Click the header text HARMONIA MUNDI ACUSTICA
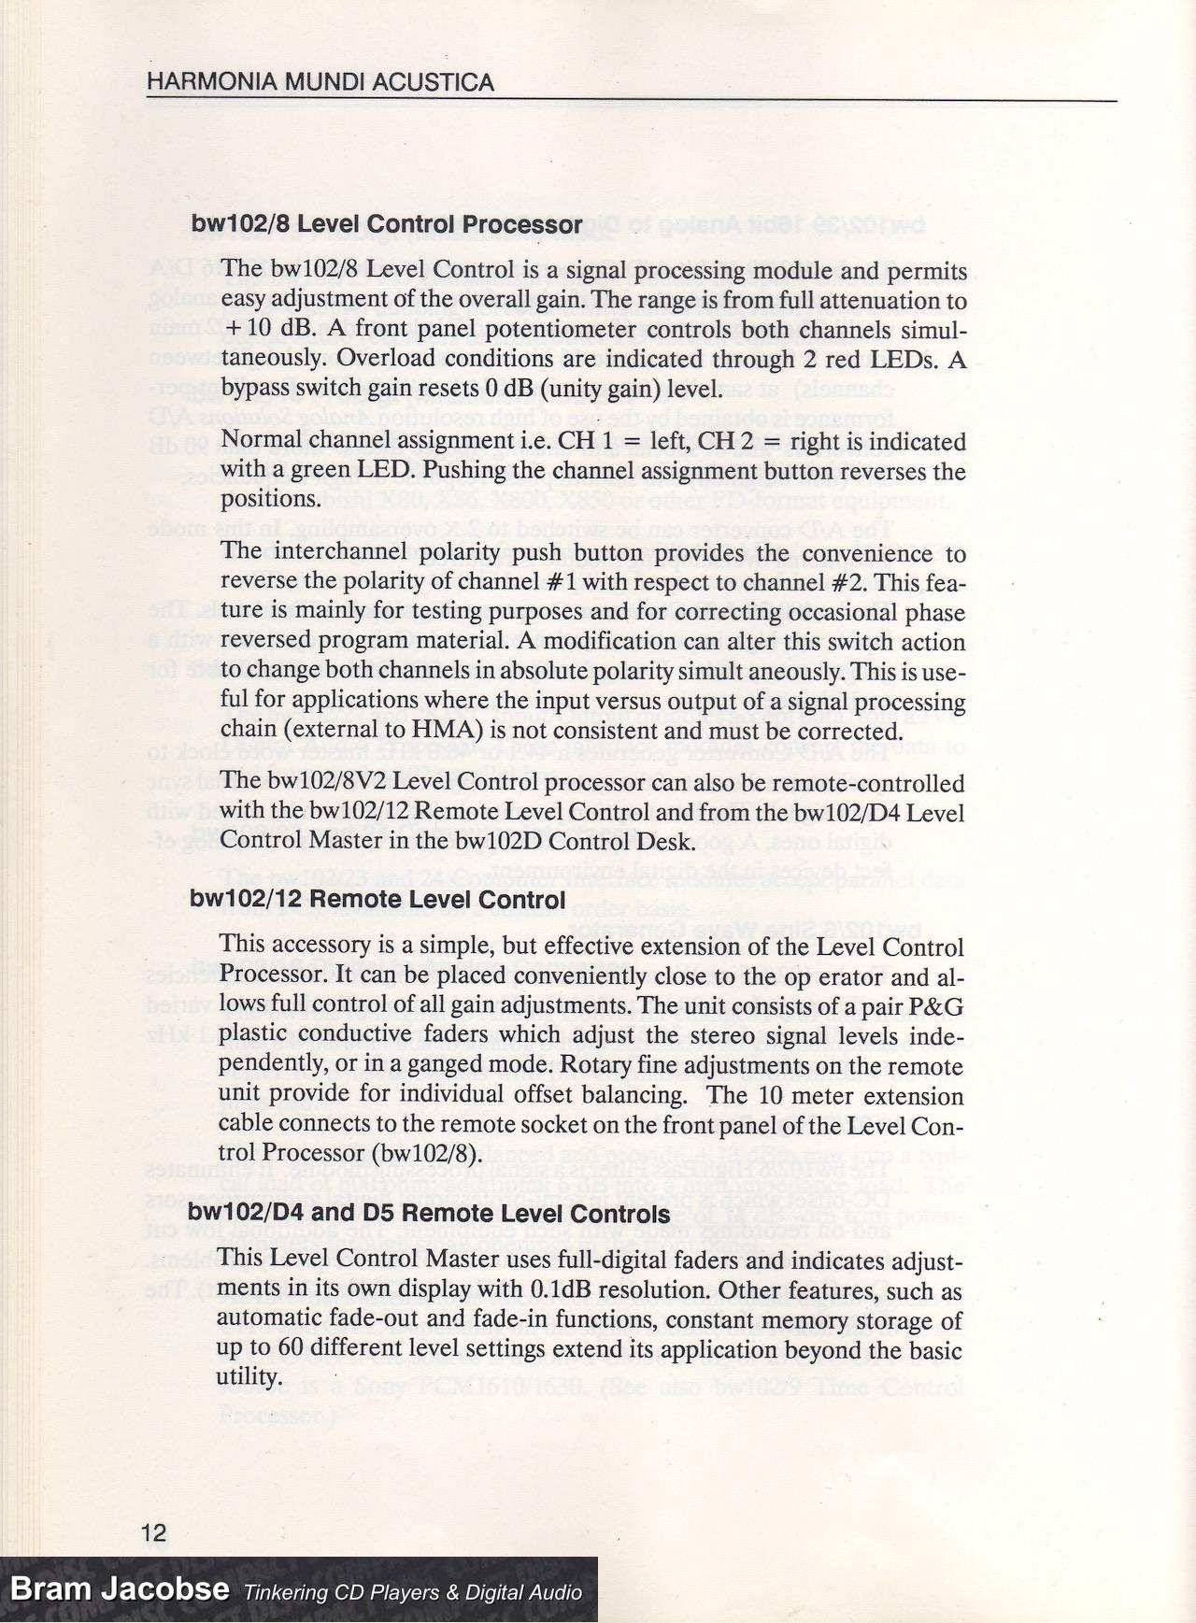click(320, 83)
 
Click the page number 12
click(153, 1532)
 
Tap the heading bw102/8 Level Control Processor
click(387, 225)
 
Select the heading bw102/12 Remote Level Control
click(377, 900)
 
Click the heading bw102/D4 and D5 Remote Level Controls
click(429, 1214)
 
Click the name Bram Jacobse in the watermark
click(120, 1589)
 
